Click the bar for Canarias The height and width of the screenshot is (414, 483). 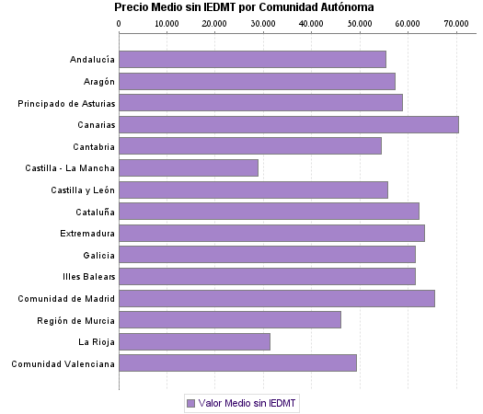289,124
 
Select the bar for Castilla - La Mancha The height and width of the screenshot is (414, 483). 189,167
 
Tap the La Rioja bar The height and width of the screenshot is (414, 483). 194,341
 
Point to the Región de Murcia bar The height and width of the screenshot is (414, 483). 230,320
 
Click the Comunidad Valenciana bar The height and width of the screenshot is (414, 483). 237,363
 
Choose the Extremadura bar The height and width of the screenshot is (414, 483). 271,233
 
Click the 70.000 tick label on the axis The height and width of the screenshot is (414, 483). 454,23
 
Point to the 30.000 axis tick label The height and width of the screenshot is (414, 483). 262,23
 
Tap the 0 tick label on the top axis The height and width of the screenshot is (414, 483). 120,23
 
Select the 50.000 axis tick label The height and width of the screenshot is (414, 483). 359,23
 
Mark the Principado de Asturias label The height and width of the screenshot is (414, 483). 66,103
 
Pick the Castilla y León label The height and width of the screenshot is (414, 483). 83,190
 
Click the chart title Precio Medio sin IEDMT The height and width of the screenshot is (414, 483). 244,7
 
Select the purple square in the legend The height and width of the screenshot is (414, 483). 190,403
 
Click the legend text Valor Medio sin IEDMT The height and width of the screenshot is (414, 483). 247,403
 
